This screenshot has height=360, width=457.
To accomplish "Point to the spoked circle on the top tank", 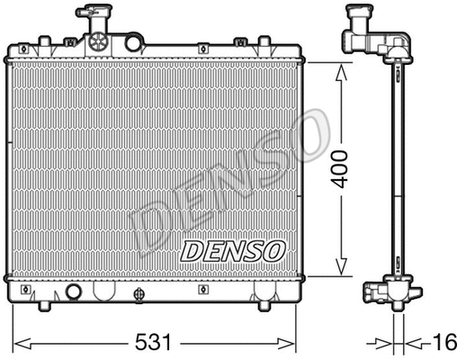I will click(97, 40).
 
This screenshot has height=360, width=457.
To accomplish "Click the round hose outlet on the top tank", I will click(133, 42).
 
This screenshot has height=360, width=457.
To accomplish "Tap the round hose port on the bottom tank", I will click(72, 292).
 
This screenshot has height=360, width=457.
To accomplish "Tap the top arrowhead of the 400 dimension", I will click(339, 68).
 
